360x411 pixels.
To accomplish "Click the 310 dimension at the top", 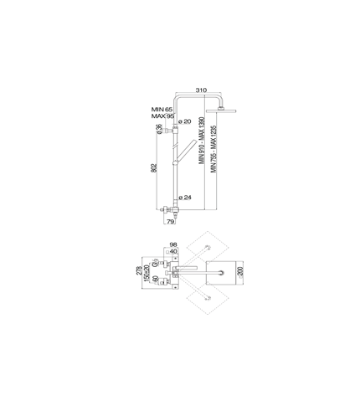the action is (x=201, y=90).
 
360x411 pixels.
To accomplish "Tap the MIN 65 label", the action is (x=162, y=110).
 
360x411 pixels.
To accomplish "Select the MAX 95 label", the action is (x=162, y=116).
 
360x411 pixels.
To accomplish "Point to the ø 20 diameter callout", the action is (x=184, y=121).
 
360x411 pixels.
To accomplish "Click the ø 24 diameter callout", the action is (x=185, y=198).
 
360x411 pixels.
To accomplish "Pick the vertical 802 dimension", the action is (x=154, y=167).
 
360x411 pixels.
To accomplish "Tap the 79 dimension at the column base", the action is (x=170, y=222).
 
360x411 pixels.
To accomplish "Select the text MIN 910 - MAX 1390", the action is (x=202, y=141).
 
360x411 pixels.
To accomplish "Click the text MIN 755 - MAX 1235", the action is (x=213, y=149).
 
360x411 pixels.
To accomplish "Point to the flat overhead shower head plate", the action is (x=221, y=110).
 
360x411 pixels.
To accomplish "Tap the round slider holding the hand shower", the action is (x=175, y=162).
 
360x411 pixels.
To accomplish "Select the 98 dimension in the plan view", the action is (x=173, y=244).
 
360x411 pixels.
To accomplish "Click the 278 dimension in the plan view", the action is (x=139, y=270).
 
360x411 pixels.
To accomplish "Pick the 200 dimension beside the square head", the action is (x=240, y=272).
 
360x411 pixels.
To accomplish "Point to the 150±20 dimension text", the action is (x=147, y=272).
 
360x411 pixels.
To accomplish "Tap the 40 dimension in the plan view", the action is (x=173, y=251).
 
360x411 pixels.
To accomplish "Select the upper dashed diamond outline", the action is (x=208, y=247).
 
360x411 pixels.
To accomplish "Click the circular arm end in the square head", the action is (x=222, y=272).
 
